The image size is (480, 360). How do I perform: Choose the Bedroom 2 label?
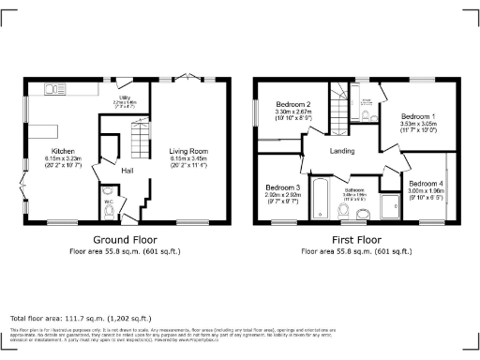293,103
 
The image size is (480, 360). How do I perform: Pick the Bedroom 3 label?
281,187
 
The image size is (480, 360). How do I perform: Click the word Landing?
340,151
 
